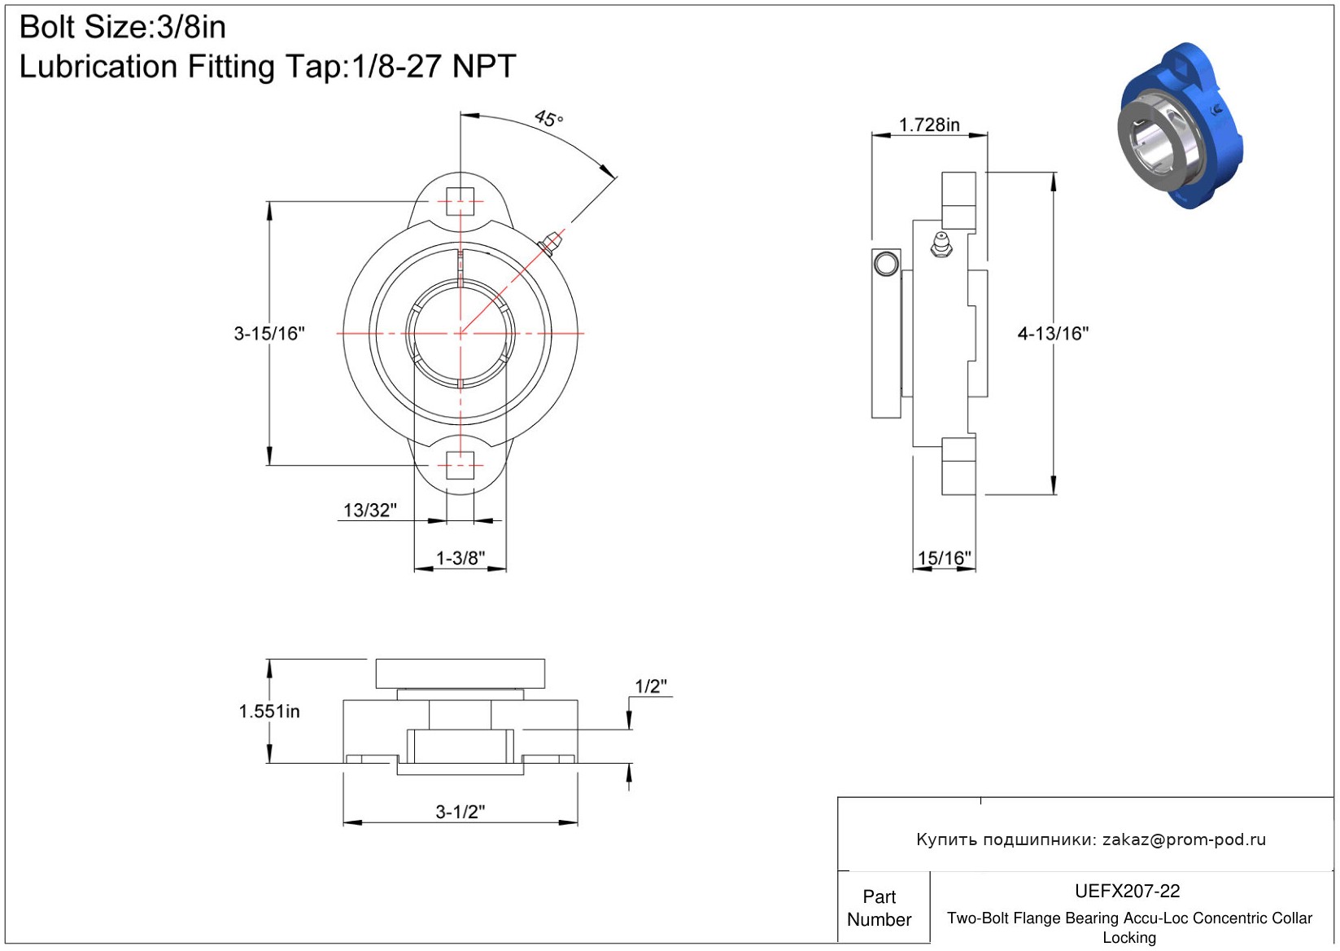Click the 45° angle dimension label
coord(548,118)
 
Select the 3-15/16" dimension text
coord(269,333)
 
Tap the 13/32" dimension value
coord(369,510)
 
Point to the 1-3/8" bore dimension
coord(460,558)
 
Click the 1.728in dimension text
coord(929,125)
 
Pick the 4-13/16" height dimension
coord(1053,333)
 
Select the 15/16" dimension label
coord(944,558)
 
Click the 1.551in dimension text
coord(269,711)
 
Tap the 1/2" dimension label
coord(650,686)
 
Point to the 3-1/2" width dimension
coord(460,812)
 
